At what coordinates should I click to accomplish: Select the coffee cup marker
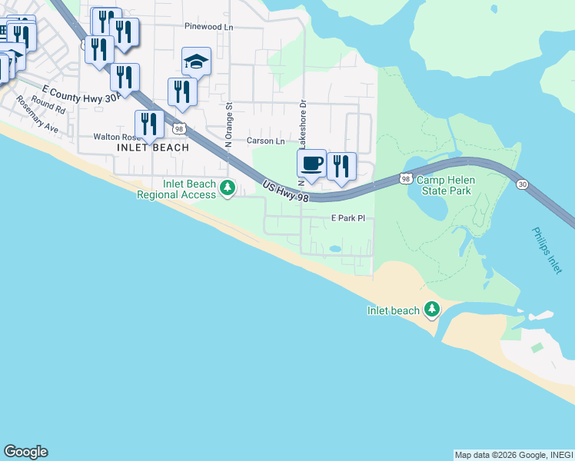(311, 164)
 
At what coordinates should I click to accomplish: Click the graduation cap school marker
(196, 61)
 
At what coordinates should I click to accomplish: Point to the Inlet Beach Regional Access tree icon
(227, 187)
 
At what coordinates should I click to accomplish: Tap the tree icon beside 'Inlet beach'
(432, 310)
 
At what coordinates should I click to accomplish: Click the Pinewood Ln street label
(208, 26)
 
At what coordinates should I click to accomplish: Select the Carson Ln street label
(265, 141)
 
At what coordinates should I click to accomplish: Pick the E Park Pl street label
(347, 219)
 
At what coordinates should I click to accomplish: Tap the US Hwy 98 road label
(285, 192)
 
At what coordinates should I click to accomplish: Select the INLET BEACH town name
(153, 148)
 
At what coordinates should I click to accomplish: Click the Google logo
(25, 452)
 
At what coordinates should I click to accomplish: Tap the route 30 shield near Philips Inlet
(523, 184)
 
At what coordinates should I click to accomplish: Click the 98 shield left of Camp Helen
(405, 178)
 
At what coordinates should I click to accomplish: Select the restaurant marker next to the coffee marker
(341, 167)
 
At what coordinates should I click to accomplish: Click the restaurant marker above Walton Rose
(149, 124)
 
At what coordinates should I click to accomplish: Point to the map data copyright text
(513, 455)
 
